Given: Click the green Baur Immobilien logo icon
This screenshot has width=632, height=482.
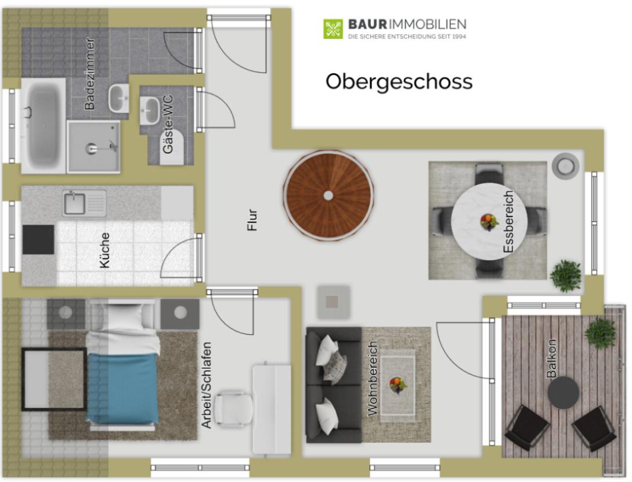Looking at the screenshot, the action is tap(333, 29).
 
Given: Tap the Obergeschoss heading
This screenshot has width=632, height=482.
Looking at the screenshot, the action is tap(399, 81).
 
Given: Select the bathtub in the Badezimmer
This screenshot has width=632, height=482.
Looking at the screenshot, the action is tap(43, 125).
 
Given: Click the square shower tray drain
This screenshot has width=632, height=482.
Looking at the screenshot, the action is tap(92, 149).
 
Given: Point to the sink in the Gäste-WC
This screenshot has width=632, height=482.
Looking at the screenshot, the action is tap(150, 110).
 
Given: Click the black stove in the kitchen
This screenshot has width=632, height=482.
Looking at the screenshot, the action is tap(38, 240).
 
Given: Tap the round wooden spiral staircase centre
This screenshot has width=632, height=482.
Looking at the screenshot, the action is tap(328, 196).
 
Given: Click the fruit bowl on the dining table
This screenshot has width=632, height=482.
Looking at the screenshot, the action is tap(489, 222).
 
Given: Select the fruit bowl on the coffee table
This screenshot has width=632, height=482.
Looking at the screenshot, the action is tap(398, 385).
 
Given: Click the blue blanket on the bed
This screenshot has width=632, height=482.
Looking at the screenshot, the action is tap(122, 387).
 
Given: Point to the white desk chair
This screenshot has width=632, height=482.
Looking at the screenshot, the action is tap(234, 408).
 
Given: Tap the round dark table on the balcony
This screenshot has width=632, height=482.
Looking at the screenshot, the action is tap(563, 393).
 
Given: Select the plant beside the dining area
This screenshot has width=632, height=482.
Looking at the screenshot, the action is tap(566, 275).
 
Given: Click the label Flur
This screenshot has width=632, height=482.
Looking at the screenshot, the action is tap(252, 220).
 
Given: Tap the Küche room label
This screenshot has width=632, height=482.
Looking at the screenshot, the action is tap(104, 250).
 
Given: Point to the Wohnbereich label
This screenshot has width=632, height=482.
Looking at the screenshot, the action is tap(373, 378).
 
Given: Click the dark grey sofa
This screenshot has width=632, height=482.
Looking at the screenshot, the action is tap(334, 385).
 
